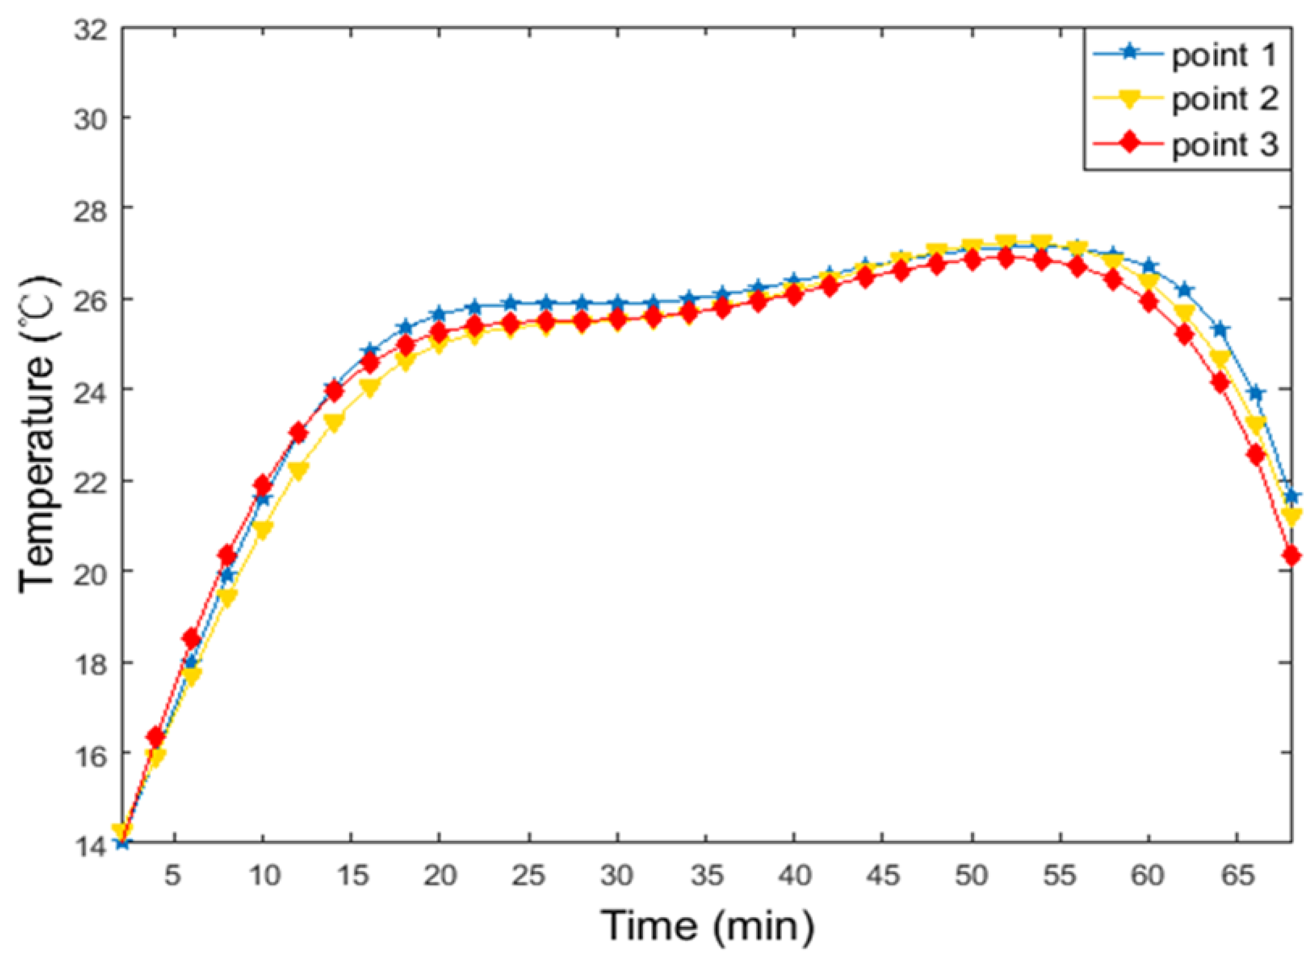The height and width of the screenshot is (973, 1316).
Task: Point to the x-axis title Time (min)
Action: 706,925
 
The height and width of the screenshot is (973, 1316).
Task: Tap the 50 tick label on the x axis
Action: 971,876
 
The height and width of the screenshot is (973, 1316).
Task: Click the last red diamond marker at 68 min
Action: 1292,555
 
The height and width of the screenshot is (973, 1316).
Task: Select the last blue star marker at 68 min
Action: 1292,496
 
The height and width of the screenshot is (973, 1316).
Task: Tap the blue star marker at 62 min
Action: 1185,290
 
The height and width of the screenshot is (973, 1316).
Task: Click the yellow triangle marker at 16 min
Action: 370,388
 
